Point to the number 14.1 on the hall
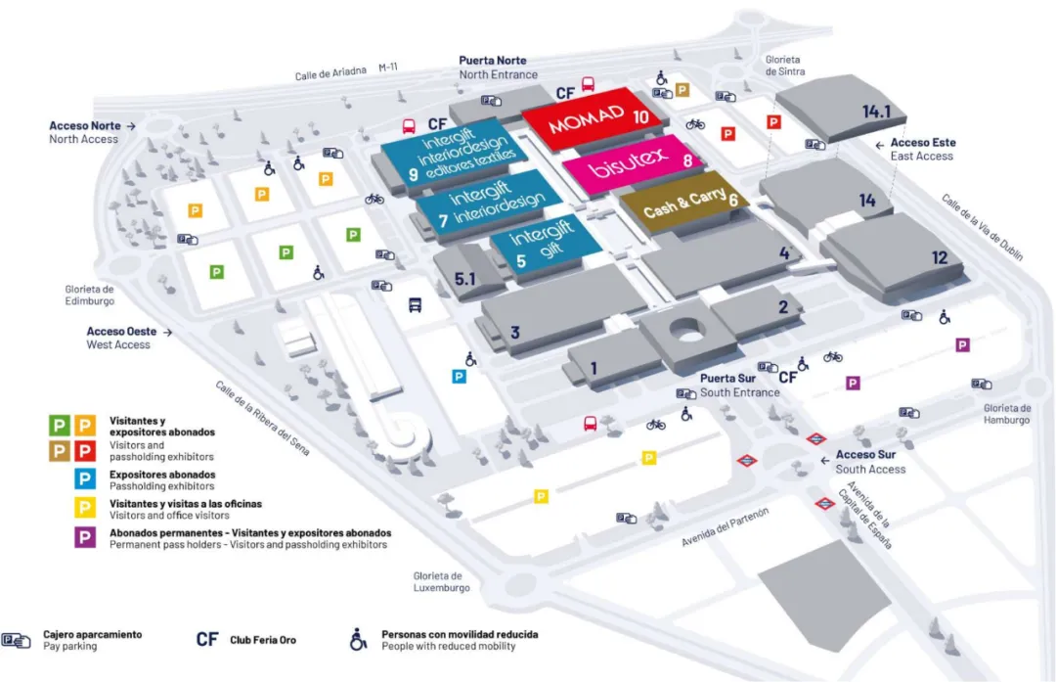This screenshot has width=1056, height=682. pyautogui.click(x=876, y=113)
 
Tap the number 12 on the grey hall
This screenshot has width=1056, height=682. pyautogui.click(x=940, y=258)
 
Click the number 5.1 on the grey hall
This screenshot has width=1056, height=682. pyautogui.click(x=465, y=279)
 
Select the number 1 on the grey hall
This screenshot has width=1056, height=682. pyautogui.click(x=594, y=368)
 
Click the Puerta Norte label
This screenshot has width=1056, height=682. pyautogui.click(x=499, y=61)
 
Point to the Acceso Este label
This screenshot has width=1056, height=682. pyautogui.click(x=923, y=143)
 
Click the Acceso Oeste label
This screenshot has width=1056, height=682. pyautogui.click(x=121, y=332)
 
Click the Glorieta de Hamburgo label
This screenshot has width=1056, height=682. pyautogui.click(x=1007, y=414)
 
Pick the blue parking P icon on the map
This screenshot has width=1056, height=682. pyautogui.click(x=459, y=376)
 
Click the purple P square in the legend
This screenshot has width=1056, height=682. pyautogui.click(x=86, y=538)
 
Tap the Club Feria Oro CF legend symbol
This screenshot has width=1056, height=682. pyautogui.click(x=206, y=639)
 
